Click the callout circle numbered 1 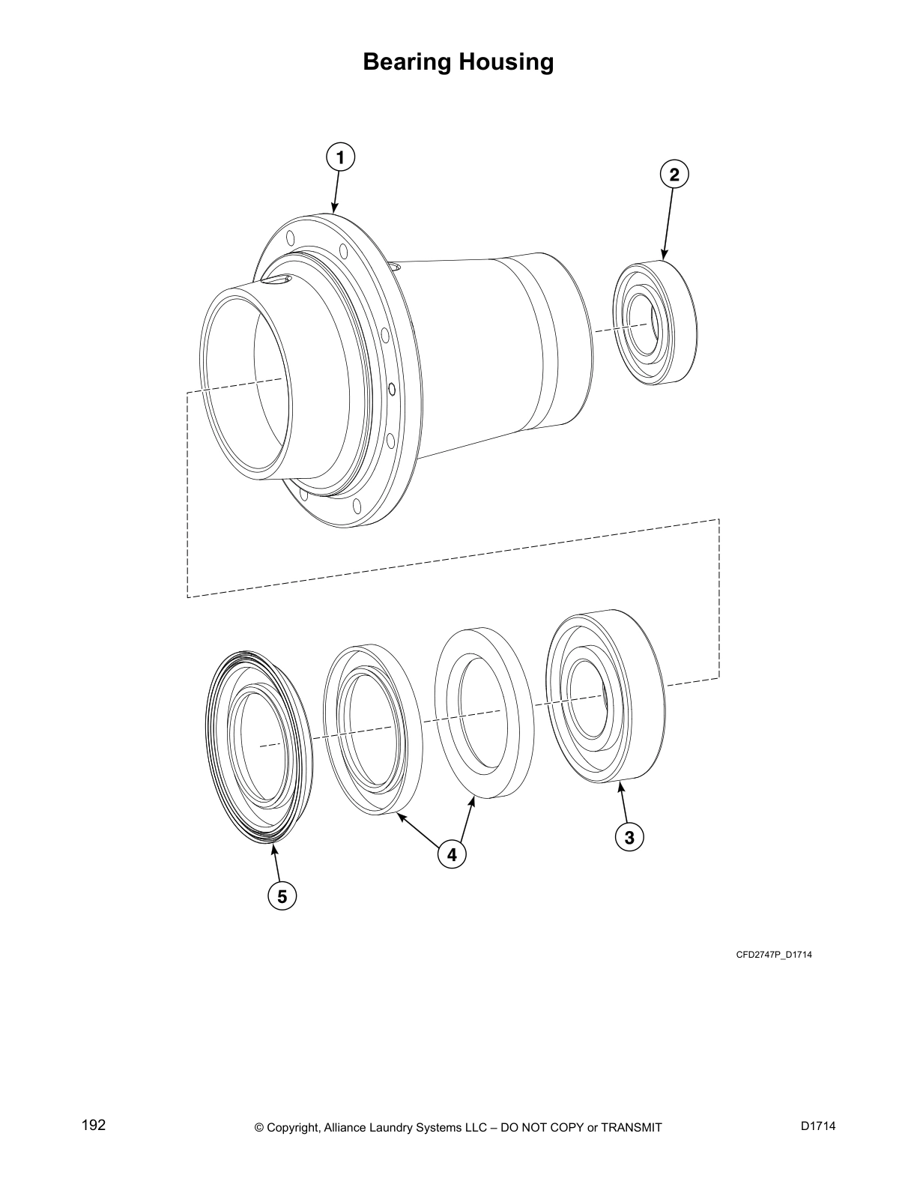341,158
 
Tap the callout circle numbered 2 674,175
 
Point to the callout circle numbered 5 282,896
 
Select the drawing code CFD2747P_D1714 774,955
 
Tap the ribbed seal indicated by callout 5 258,746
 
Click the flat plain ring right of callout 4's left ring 484,712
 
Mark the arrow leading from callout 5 277,863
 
